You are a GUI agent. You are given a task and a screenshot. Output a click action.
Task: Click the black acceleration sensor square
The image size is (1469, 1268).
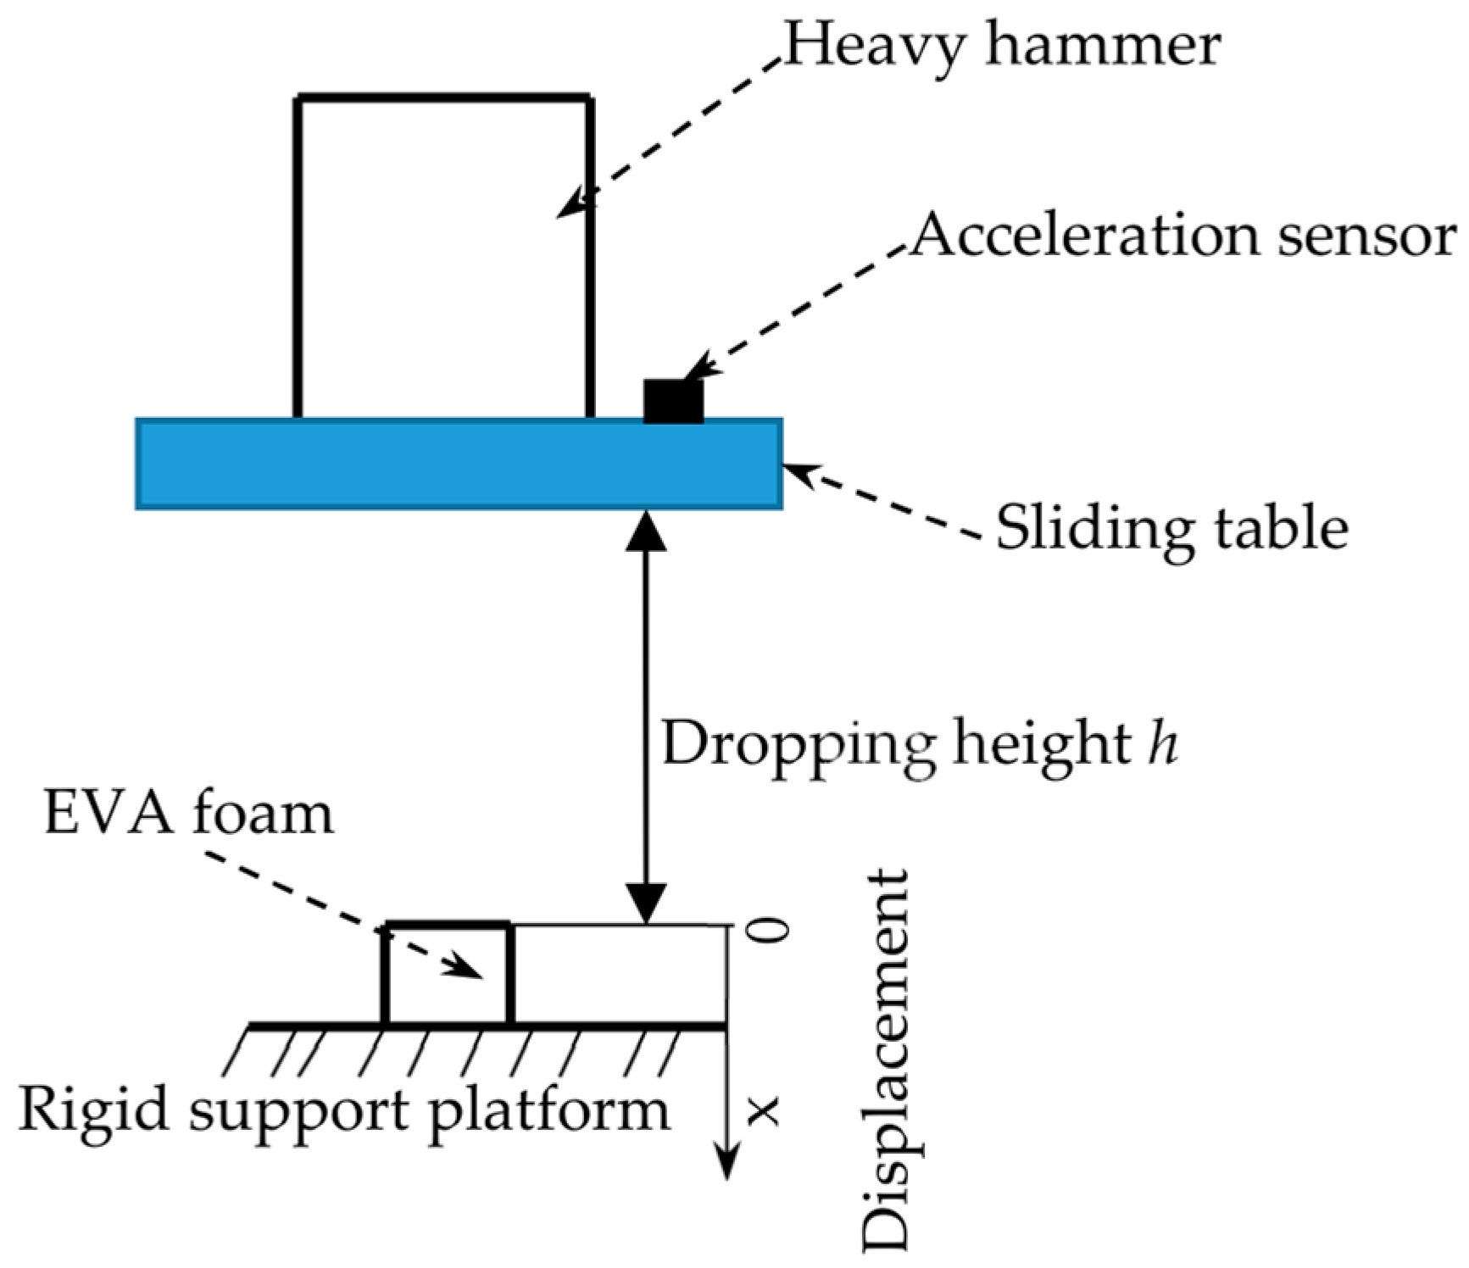(674, 401)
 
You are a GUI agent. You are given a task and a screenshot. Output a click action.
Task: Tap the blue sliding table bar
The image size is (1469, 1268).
(459, 464)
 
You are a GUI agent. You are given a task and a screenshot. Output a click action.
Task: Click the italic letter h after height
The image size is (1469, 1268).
(1163, 743)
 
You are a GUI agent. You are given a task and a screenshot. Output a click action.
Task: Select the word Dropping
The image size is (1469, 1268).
(798, 746)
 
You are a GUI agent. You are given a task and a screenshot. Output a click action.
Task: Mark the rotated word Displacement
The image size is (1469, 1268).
(887, 1060)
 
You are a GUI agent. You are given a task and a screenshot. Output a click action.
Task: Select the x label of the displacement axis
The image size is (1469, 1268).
(765, 1110)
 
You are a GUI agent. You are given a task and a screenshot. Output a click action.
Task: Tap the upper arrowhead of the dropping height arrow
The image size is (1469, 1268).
(646, 531)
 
